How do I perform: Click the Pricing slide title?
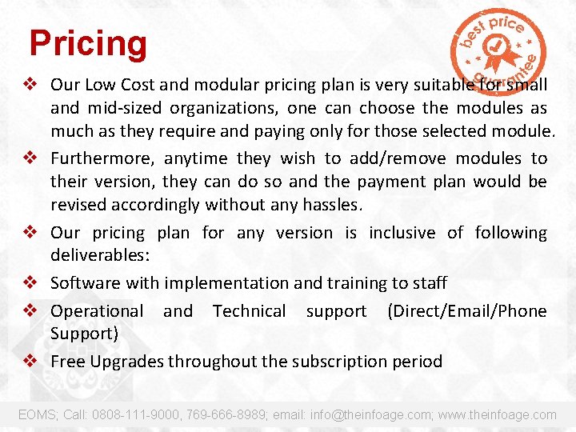pyautogui.click(x=88, y=44)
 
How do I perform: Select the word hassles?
pyautogui.click(x=333, y=205)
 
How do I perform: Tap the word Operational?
pyautogui.click(x=97, y=311)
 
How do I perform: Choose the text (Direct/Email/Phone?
pyautogui.click(x=467, y=311)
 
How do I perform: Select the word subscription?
pyautogui.click(x=338, y=362)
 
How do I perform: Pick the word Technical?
pyautogui.click(x=250, y=311)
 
